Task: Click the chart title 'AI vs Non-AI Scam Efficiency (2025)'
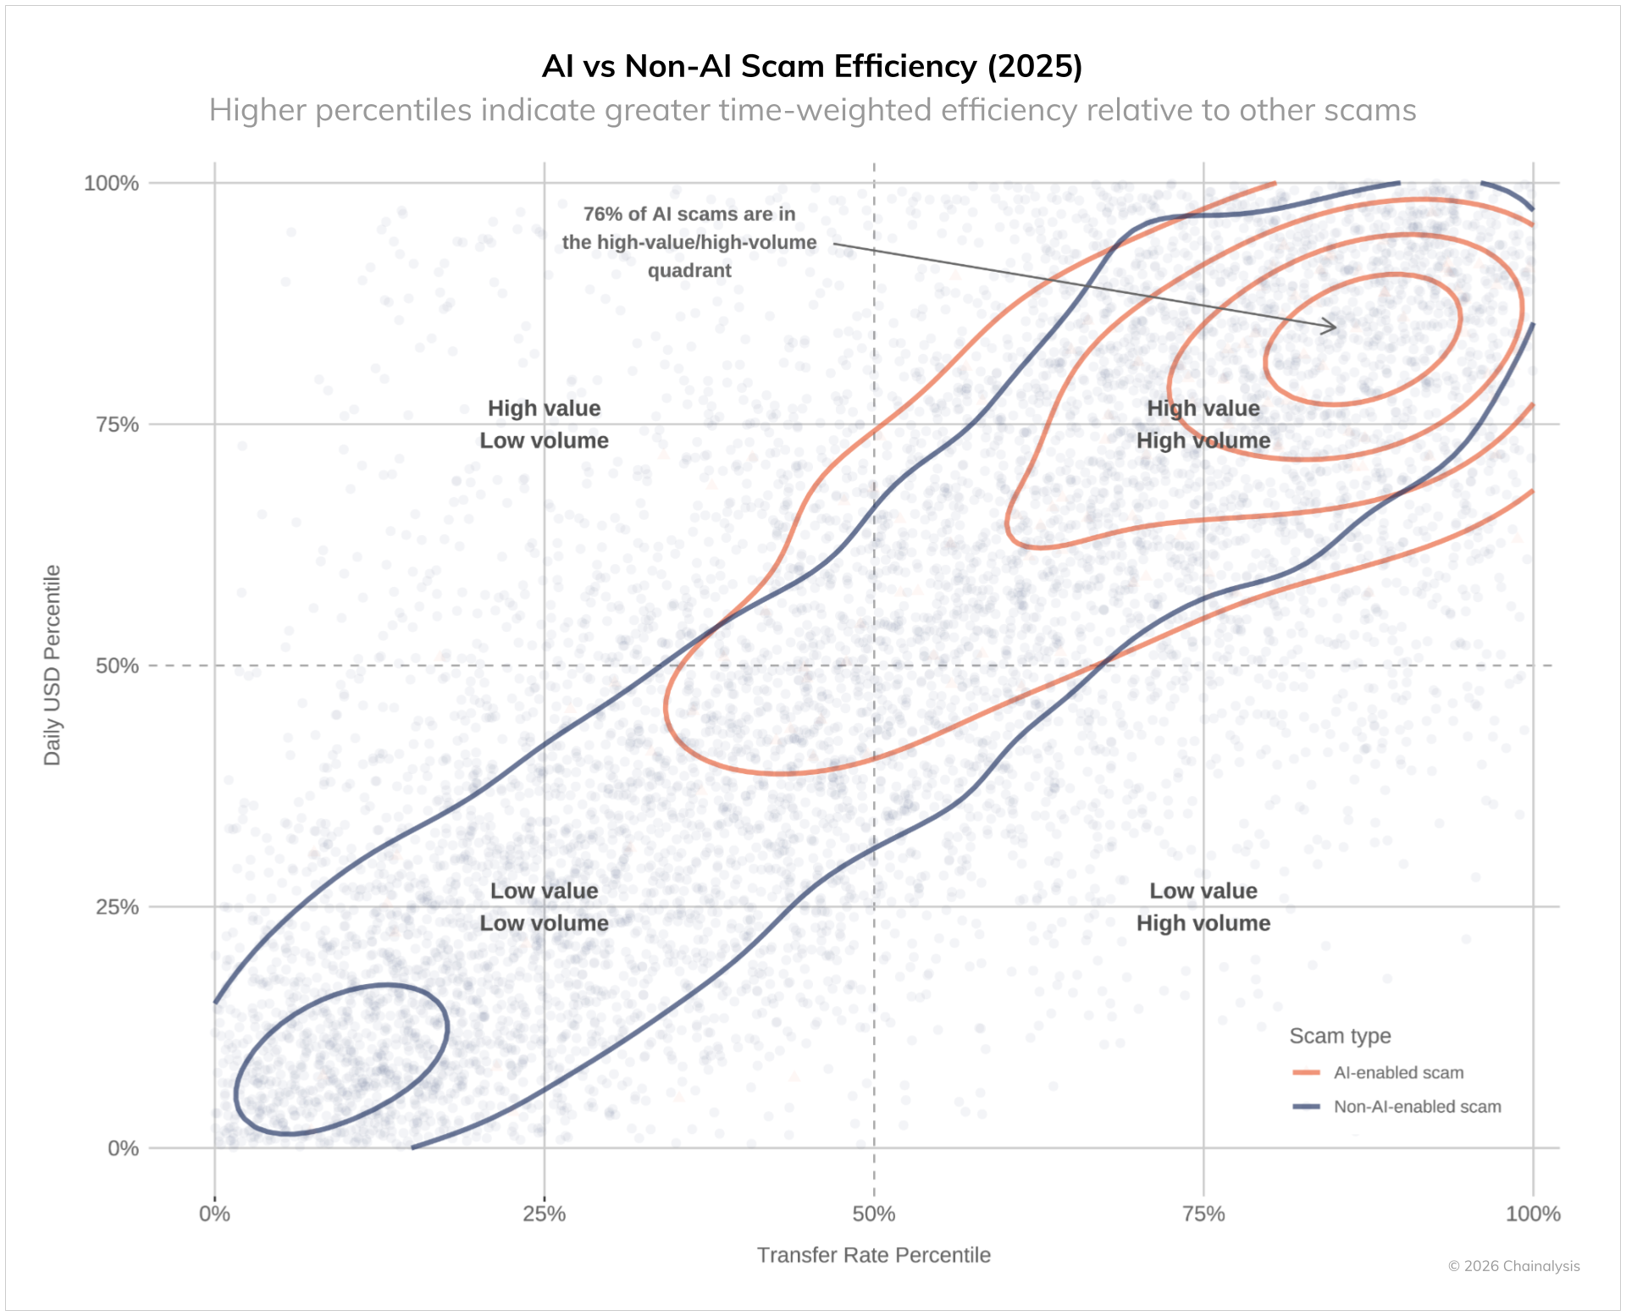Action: coord(812,66)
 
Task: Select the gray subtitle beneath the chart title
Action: coord(812,110)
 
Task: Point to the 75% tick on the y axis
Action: coord(118,424)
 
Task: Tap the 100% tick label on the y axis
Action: coord(111,183)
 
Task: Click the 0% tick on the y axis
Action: coord(124,1148)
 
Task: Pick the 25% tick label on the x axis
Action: coord(544,1214)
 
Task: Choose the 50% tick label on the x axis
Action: coord(874,1214)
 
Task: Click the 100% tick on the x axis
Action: coord(1533,1214)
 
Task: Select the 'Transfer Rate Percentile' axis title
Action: coord(873,1255)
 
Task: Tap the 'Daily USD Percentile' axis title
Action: coord(53,665)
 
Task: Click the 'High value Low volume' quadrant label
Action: coord(544,424)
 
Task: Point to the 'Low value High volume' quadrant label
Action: coord(1203,907)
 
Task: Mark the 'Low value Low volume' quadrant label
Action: coord(544,907)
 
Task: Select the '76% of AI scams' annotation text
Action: coord(689,242)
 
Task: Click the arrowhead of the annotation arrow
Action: coord(1334,327)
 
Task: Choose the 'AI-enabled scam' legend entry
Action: coord(1397,1073)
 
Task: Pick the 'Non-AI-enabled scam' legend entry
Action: coord(1416,1107)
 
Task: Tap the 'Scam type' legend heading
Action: coord(1340,1036)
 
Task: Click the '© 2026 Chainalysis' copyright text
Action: coord(1513,1266)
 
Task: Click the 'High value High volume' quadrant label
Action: coord(1203,424)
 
